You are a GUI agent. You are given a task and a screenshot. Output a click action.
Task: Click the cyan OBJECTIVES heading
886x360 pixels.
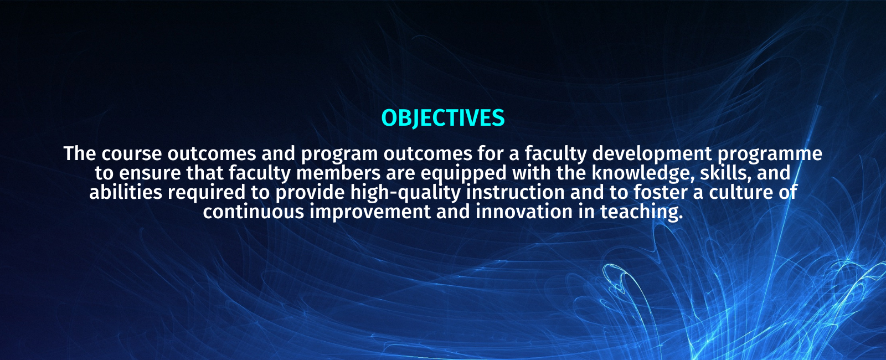tap(443, 118)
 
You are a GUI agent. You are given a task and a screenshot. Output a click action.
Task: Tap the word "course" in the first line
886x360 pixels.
tap(132, 153)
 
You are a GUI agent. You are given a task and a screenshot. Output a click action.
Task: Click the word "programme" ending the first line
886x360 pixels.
tap(770, 155)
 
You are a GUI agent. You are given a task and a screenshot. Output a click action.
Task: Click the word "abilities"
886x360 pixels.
tap(126, 192)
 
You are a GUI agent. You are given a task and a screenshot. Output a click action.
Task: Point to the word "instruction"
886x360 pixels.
tap(516, 192)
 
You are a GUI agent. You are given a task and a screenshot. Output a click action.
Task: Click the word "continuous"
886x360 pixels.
tap(254, 212)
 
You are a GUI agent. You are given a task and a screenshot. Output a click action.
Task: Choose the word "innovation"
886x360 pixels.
tap(524, 212)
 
